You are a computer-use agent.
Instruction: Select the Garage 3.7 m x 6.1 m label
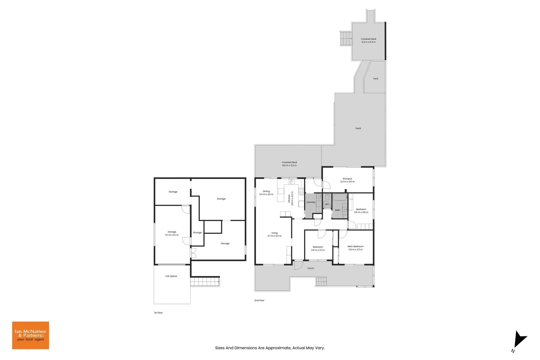click(x=172, y=233)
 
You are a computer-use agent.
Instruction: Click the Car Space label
click(x=171, y=276)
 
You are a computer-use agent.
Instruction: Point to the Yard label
click(x=375, y=79)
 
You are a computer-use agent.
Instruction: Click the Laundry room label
click(x=311, y=202)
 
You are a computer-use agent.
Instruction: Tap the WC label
click(x=327, y=204)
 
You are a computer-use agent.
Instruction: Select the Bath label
click(x=338, y=210)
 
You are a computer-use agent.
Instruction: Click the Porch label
click(x=311, y=268)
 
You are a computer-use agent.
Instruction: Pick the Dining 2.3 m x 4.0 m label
click(x=266, y=193)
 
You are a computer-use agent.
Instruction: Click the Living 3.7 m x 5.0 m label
click(x=274, y=234)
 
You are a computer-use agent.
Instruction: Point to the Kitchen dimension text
click(x=292, y=198)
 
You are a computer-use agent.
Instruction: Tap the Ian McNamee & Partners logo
click(x=30, y=335)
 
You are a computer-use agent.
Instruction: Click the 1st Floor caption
click(x=158, y=313)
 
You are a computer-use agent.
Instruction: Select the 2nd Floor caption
click(x=259, y=300)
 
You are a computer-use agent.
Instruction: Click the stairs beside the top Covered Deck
click(x=346, y=39)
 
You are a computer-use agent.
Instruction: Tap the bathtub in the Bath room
click(x=340, y=197)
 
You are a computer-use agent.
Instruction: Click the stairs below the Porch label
click(x=321, y=282)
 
